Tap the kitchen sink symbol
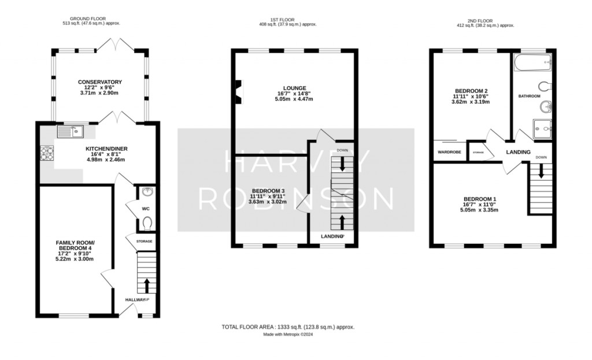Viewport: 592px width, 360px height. pos(70,132)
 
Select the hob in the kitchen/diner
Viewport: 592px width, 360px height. pos(46,153)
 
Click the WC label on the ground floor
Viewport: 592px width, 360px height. pos(146,209)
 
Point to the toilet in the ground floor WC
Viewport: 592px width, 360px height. pos(147,222)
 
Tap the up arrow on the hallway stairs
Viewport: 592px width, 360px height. pos(146,285)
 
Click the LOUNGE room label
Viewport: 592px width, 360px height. pos(294,88)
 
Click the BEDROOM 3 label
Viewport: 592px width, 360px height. pos(267,191)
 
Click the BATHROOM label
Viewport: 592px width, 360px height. pos(528,96)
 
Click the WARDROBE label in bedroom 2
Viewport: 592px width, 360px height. pos(449,153)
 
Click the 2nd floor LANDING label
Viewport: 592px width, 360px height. pos(518,152)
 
